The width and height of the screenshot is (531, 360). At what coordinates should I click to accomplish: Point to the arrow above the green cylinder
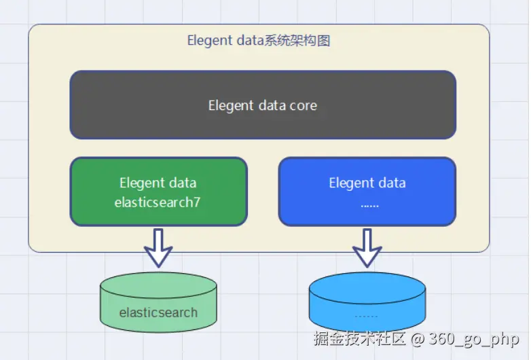coord(158,247)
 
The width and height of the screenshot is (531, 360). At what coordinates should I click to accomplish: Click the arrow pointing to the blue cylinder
coord(367,247)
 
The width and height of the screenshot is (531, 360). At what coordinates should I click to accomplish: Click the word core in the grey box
coord(304,106)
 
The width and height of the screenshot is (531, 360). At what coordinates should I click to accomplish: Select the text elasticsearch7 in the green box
coord(158,202)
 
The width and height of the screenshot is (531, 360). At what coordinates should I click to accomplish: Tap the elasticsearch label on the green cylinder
coord(158,313)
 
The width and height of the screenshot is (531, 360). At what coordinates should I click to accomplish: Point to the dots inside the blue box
coord(369,203)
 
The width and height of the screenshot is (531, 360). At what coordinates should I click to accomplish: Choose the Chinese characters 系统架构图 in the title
coord(301,41)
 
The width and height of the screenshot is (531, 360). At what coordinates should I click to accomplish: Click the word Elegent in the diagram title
coord(209,41)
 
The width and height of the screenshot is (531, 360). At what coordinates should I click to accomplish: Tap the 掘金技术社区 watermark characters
coord(359,338)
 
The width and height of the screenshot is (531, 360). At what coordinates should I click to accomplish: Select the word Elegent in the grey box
coord(231,106)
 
